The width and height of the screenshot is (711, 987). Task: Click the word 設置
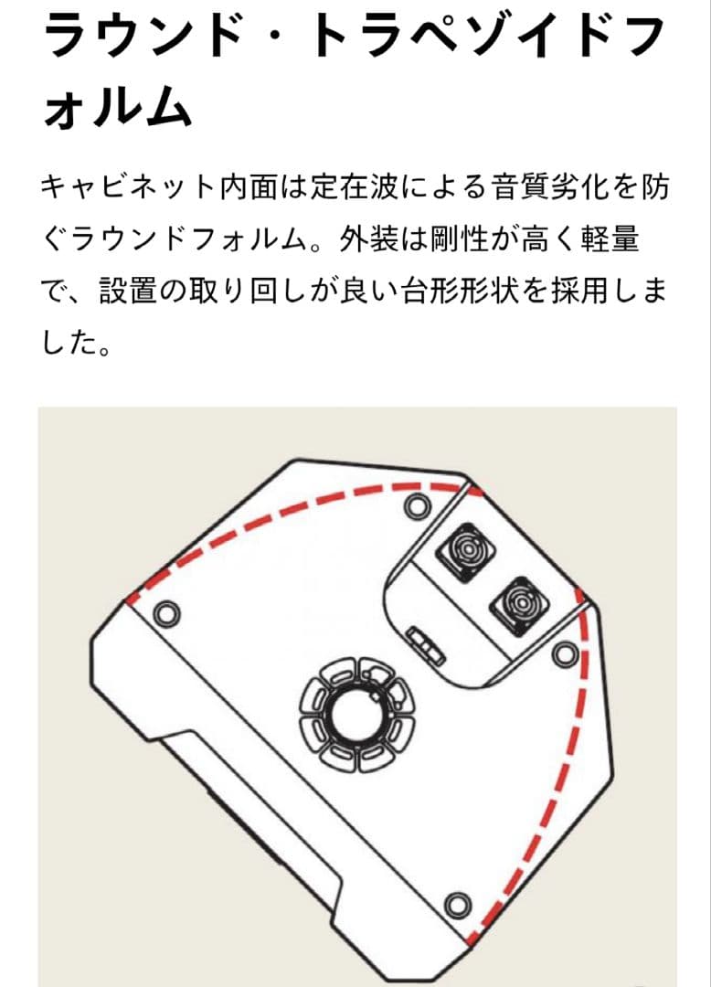tap(125, 294)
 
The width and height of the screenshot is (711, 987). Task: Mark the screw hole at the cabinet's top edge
tap(417, 504)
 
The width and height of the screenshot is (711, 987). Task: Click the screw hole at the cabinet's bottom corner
tap(454, 907)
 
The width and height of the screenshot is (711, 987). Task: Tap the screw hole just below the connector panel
tap(565, 651)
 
